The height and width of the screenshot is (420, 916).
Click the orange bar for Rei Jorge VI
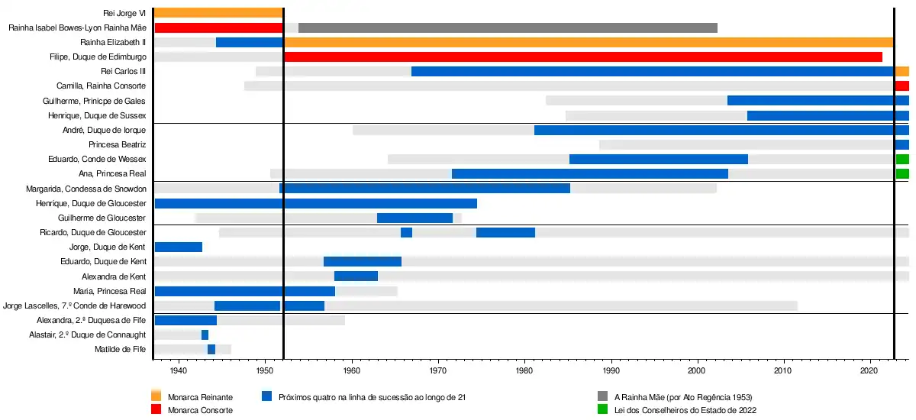[218, 12]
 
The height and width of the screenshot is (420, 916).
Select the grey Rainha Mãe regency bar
[508, 27]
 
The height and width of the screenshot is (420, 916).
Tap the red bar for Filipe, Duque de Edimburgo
[582, 57]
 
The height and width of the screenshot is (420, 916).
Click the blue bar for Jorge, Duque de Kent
[179, 247]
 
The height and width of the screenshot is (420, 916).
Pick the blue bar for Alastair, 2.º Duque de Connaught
[205, 334]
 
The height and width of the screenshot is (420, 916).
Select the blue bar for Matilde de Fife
[211, 349]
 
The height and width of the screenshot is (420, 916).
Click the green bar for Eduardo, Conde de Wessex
[902, 159]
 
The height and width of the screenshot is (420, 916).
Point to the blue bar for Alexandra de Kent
[356, 276]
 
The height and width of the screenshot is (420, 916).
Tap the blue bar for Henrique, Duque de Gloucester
[315, 203]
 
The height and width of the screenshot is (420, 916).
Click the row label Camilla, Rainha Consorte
[101, 86]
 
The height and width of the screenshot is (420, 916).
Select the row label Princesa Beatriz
[117, 144]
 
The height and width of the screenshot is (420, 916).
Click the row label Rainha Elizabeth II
[113, 42]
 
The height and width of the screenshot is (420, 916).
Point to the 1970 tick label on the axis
[438, 371]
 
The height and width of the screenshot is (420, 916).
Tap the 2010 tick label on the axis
[783, 371]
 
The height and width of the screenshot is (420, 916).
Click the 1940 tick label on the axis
[179, 371]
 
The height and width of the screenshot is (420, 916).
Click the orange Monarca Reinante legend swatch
[156, 396]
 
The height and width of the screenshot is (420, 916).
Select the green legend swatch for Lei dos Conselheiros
[602, 409]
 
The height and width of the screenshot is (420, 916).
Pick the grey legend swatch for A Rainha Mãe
[602, 396]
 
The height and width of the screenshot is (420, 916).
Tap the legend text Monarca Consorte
[199, 410]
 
